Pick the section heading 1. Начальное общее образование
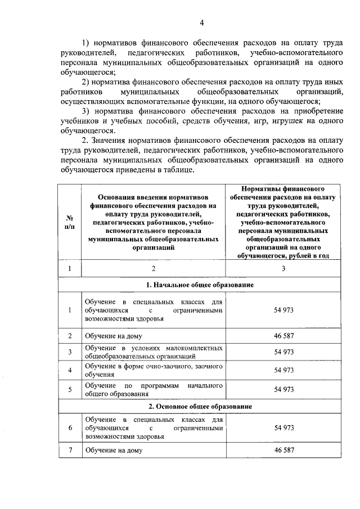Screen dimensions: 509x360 tap(201, 285)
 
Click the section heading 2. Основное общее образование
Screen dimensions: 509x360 tap(201, 406)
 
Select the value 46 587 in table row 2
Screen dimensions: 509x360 tap(284, 336)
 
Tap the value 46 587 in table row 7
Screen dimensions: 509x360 tap(284, 451)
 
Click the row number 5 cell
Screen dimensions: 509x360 tap(70, 389)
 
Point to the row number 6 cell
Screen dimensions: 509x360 tap(70, 428)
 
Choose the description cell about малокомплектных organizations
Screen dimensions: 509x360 tap(153, 352)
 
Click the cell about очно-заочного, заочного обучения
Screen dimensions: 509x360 tap(153, 370)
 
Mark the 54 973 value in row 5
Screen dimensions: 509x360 tap(284, 389)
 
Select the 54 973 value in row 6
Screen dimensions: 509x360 tap(284, 428)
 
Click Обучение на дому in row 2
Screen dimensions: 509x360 tap(114, 336)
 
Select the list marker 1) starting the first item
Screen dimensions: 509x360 tap(86, 43)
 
